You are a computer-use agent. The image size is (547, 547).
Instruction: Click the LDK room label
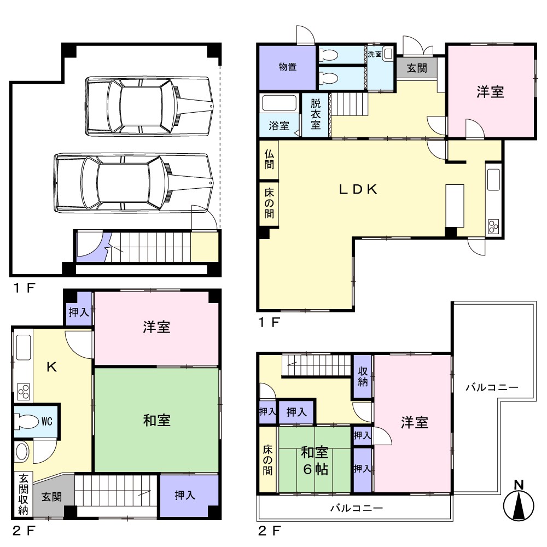point(358,189)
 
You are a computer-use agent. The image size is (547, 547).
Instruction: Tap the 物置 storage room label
point(288,67)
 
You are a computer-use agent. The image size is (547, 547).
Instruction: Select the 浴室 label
point(279,126)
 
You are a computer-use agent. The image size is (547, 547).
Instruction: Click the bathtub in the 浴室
point(279,103)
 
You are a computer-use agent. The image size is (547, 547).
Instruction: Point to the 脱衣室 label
point(316,114)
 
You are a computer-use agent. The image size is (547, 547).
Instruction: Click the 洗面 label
point(375,54)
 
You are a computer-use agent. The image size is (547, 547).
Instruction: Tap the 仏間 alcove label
point(269,159)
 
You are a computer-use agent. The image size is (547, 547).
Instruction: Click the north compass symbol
point(519,501)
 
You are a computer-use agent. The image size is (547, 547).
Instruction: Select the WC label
point(46,421)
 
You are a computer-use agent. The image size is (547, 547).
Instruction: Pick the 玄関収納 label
point(24,494)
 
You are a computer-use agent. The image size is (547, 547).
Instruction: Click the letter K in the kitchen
point(51,367)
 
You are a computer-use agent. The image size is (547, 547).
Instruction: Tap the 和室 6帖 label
point(315,461)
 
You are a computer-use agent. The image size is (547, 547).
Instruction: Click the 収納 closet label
point(363,377)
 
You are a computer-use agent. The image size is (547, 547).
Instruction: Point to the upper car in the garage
point(149,106)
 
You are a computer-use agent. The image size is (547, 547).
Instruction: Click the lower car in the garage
point(133,183)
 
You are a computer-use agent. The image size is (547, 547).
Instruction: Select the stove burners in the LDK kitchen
point(493,226)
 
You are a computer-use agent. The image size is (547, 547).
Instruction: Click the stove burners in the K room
point(24,392)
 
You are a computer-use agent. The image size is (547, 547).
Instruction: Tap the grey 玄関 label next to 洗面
point(417,68)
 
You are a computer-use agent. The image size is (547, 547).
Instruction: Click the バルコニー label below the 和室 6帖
point(357,508)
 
